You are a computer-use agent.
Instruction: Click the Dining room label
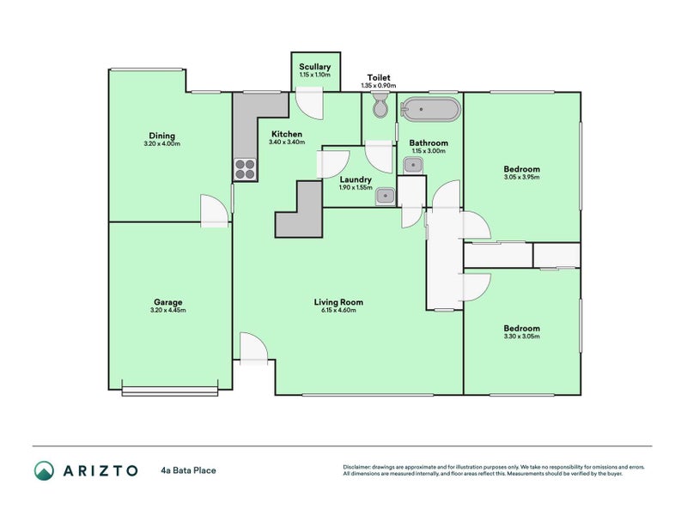click(161, 136)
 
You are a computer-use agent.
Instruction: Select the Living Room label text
click(337, 302)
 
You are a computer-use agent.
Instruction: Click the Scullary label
click(314, 67)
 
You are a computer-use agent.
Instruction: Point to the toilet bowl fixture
click(381, 107)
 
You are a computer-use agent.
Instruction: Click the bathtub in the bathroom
click(431, 110)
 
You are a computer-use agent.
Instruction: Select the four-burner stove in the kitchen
click(245, 169)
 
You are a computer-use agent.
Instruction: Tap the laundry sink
click(386, 197)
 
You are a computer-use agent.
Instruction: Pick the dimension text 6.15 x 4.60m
click(337, 311)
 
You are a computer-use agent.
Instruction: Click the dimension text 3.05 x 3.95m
click(521, 178)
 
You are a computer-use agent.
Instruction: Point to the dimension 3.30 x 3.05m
click(521, 337)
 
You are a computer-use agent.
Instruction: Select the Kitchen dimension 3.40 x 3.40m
click(287, 142)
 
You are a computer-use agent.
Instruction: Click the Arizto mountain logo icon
click(44, 470)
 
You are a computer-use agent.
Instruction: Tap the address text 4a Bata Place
click(188, 470)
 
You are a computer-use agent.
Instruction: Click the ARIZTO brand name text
click(100, 470)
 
